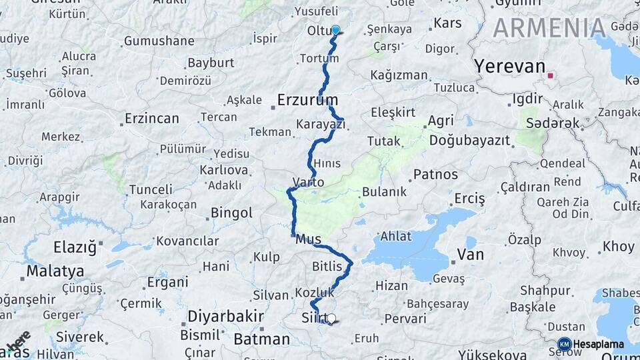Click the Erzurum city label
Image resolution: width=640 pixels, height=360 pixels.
click(x=307, y=100)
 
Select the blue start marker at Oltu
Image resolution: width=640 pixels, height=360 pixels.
click(x=335, y=30)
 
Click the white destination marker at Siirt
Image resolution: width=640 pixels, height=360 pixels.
click(x=331, y=319)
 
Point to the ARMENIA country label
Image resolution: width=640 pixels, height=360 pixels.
click(x=549, y=28)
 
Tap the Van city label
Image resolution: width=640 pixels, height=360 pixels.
click(x=470, y=254)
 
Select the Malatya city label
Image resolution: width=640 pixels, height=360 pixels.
click(x=55, y=271)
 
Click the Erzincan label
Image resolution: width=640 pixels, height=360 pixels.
click(x=152, y=119)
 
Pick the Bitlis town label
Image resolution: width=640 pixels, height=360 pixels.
click(x=327, y=267)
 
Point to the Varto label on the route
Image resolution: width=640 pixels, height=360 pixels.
click(x=308, y=182)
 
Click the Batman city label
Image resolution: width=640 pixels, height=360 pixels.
click(x=261, y=339)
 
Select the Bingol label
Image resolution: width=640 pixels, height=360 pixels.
click(x=231, y=213)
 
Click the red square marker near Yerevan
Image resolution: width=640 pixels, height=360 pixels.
click(x=550, y=75)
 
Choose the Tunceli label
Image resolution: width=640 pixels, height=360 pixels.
click(x=151, y=189)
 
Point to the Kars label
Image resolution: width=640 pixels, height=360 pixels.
click(x=447, y=23)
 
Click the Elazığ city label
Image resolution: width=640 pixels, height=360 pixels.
click(x=75, y=248)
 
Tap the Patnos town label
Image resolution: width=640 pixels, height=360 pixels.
click(x=435, y=175)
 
